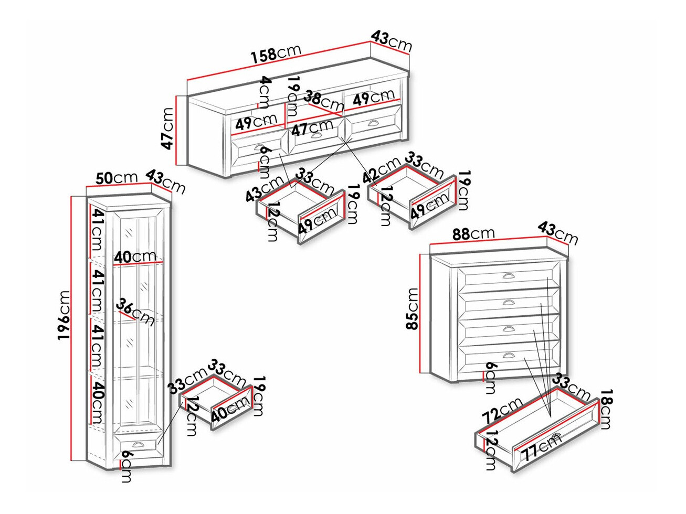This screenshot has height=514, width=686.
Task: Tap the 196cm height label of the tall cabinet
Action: point(64,315)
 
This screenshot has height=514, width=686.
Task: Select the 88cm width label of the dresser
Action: point(473,233)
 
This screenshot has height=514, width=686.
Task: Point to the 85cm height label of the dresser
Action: point(413,309)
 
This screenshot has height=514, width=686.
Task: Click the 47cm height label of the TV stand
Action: point(168,128)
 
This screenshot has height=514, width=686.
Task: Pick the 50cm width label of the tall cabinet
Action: point(117,178)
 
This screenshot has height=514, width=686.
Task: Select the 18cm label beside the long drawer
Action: point(606,410)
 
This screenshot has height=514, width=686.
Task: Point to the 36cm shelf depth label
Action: point(135,312)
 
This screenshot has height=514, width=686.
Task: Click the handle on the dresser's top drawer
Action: point(509,276)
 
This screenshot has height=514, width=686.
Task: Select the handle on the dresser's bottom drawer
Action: point(509,356)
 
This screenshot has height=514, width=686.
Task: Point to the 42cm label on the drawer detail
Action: point(382,171)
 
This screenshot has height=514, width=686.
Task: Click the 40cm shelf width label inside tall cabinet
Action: point(135,257)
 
